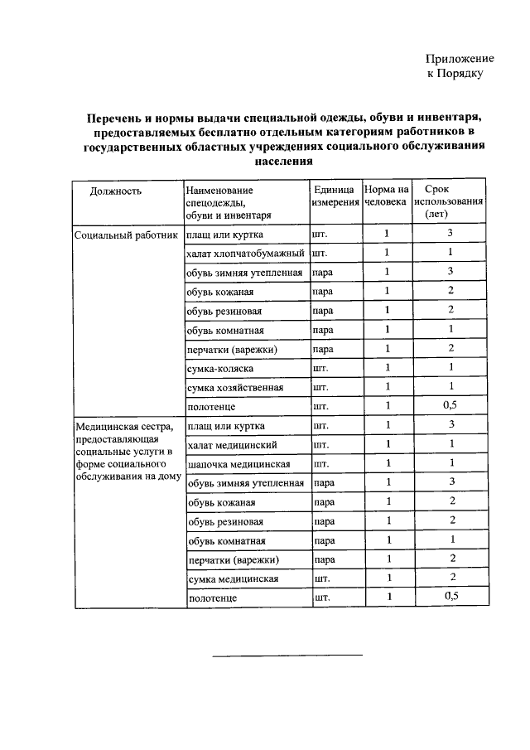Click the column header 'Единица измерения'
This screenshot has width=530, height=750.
coord(335,196)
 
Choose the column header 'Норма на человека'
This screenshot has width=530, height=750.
coord(386,196)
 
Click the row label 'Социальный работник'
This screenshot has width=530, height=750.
coord(127,235)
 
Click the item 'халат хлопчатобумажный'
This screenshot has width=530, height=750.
coord(247,253)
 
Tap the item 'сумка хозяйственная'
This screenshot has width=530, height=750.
coord(236,388)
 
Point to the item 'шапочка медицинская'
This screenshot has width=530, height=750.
coord(238,463)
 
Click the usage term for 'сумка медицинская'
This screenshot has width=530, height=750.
coord(450,577)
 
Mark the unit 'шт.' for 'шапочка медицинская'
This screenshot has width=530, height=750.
coord(321,463)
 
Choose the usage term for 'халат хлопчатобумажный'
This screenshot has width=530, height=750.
coord(450,252)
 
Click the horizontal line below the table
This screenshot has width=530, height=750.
coord(287,656)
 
